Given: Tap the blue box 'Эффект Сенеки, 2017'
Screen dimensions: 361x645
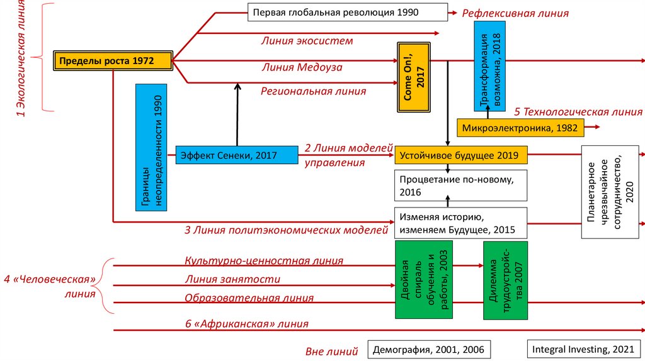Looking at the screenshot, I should pyautogui.click(x=237, y=155).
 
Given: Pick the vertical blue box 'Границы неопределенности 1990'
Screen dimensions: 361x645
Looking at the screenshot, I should pyautogui.click(x=151, y=147).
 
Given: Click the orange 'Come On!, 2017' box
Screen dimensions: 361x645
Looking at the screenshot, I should pyautogui.click(x=412, y=77).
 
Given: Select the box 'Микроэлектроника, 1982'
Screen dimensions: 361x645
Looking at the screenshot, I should pyautogui.click(x=520, y=128).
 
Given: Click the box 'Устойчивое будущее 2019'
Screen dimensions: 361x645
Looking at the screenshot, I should pyautogui.click(x=460, y=155).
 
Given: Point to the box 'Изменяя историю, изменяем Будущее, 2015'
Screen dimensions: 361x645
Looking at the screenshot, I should pyautogui.click(x=460, y=223).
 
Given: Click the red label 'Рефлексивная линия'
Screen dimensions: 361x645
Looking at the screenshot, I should pyautogui.click(x=515, y=13).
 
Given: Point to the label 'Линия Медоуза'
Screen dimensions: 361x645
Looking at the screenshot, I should pyautogui.click(x=302, y=67).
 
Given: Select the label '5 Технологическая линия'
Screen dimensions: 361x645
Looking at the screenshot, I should pyautogui.click(x=578, y=112).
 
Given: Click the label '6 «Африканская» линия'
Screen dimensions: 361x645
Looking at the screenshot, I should pyautogui.click(x=247, y=324).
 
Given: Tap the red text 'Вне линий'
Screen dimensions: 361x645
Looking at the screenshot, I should pyautogui.click(x=331, y=351).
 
